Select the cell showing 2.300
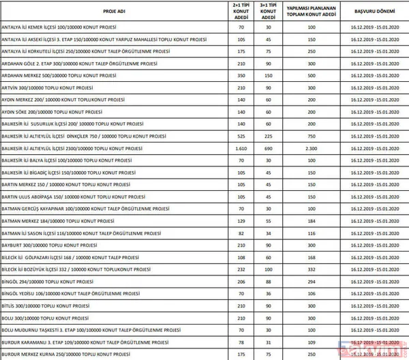tap(312, 148)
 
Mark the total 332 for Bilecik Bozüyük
tap(312, 270)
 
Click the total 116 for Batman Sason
tap(312, 233)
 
